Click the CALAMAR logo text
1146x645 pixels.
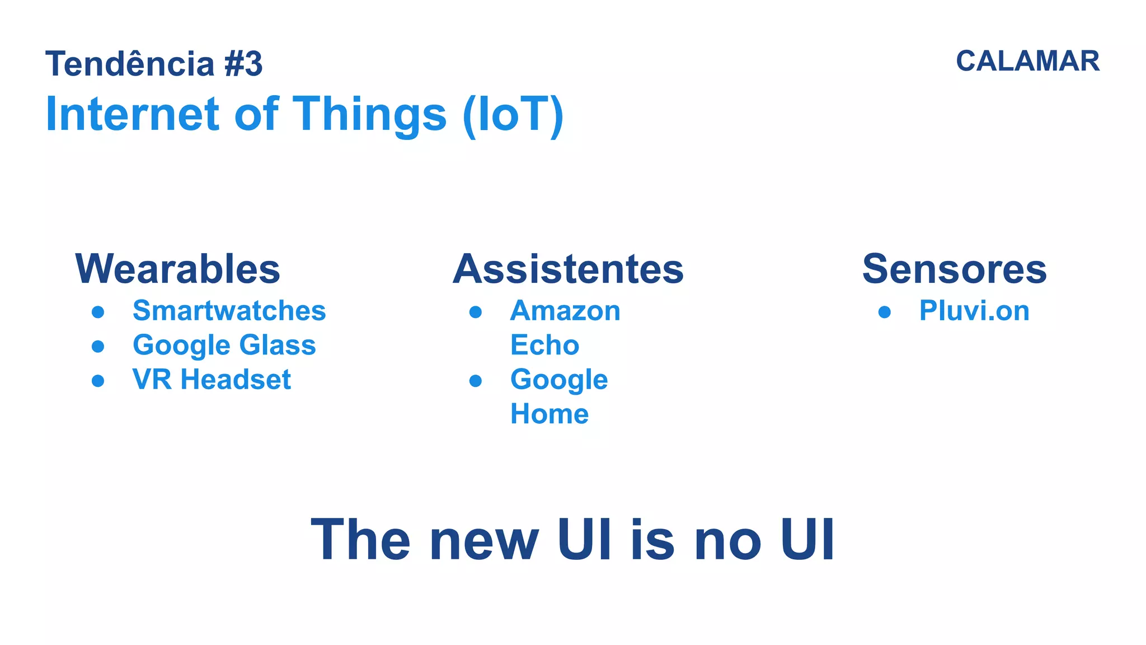[1027, 61]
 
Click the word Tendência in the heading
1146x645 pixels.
[130, 64]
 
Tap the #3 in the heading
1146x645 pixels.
[243, 64]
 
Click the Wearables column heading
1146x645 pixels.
[178, 269]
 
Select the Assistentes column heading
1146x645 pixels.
[568, 269]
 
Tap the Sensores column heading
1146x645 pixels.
[954, 269]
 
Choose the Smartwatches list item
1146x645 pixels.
[229, 311]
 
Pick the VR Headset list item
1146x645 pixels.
[212, 380]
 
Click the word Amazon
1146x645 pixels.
[565, 311]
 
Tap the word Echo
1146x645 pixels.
[544, 345]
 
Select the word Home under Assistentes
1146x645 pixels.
[549, 414]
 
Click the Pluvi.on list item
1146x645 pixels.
[974, 311]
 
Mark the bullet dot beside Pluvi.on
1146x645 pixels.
[884, 312]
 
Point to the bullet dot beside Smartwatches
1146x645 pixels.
[98, 312]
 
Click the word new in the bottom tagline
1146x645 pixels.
[484, 540]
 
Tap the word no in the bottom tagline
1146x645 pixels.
[727, 540]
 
